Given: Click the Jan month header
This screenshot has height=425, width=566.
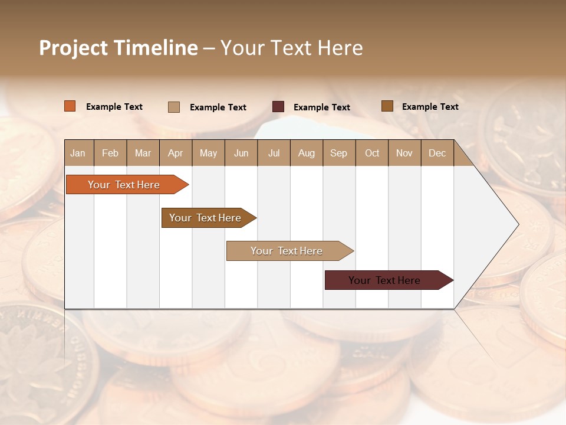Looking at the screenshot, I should tap(78, 153).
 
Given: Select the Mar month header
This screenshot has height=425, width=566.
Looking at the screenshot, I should tap(143, 153).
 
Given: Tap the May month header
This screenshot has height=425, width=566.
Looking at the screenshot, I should tap(208, 153).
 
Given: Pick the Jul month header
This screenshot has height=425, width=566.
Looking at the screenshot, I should tap(274, 153).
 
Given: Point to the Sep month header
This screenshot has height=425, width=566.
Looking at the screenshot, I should tap(338, 153).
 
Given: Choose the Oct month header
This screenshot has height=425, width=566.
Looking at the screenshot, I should tap(371, 153).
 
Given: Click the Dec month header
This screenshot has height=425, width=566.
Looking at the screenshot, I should tap(437, 153).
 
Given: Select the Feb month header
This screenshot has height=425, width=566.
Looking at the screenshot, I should tap(110, 153).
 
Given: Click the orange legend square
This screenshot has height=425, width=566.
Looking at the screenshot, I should tap(70, 106).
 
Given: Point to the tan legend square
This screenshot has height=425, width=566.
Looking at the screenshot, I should tap(174, 107).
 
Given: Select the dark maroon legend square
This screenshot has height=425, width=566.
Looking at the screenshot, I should tap(278, 107).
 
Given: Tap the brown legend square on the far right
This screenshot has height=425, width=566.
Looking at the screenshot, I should tap(387, 106).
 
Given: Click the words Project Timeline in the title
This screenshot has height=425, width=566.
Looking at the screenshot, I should tap(118, 48).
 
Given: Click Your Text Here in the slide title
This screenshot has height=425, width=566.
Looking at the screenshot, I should tap(291, 48).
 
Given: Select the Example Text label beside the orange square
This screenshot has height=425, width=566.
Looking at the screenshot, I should tap(114, 107).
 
